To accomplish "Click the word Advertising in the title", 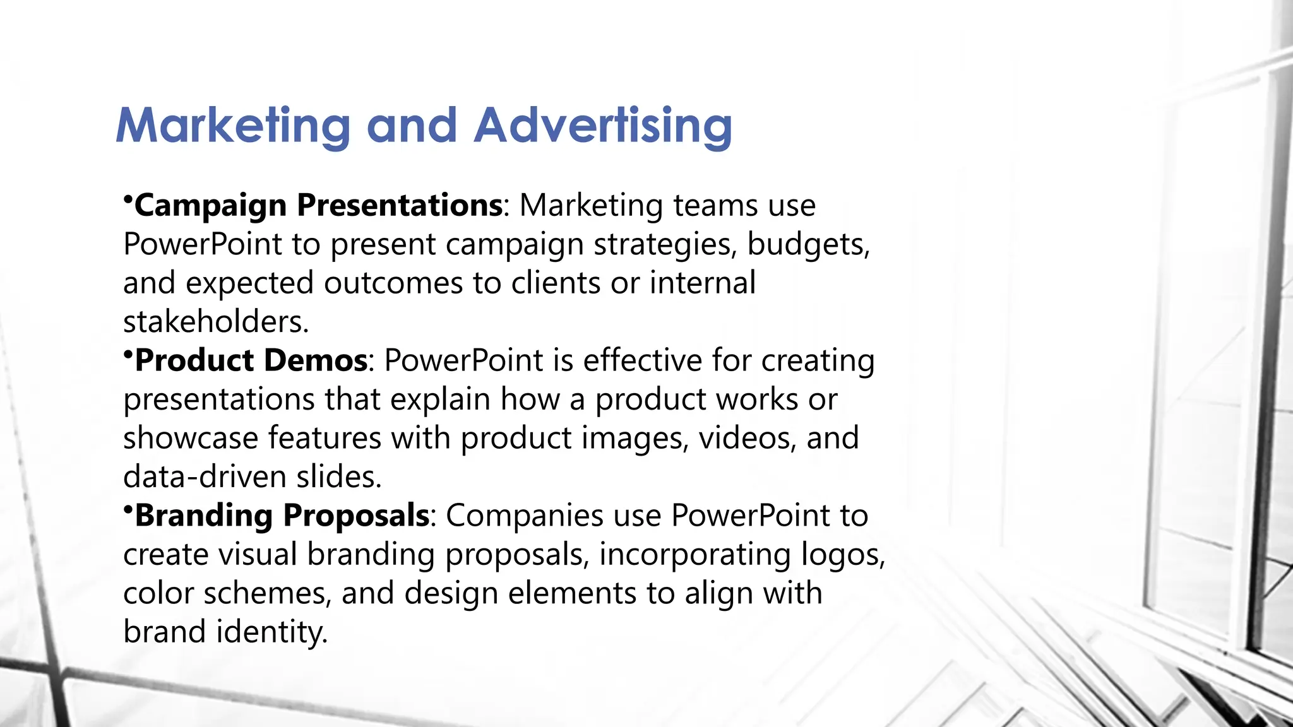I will pos(603,126).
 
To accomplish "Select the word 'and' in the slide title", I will pos(411,126).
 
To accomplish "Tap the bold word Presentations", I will pos(399,205).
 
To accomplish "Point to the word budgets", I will pos(807,245).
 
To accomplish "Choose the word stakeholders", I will pos(215,322).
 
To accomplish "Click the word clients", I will pos(556,283).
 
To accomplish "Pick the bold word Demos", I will pos(315,360).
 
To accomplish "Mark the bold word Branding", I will pos(203,516).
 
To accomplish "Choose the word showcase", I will pos(190,438).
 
